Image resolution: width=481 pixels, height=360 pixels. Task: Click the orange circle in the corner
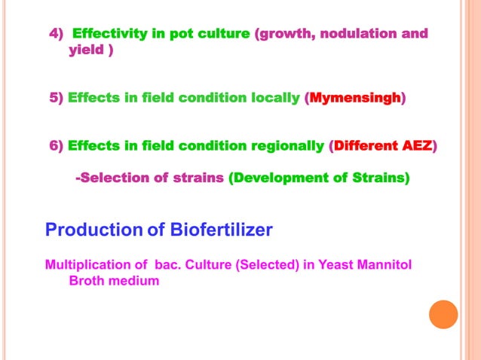(443, 314)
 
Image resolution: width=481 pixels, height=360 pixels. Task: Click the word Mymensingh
(354, 98)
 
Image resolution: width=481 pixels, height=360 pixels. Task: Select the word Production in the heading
(94, 230)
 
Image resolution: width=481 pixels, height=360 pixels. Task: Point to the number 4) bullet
(57, 34)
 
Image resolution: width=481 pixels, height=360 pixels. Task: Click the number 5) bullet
(57, 98)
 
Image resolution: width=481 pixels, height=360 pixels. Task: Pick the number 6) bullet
(57, 145)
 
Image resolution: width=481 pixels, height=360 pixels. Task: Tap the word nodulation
(357, 34)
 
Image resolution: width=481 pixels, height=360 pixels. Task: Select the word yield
(85, 50)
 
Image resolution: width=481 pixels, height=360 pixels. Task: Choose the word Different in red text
(365, 145)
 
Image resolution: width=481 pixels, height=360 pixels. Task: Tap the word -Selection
(110, 178)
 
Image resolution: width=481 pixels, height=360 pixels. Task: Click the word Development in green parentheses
(276, 178)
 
